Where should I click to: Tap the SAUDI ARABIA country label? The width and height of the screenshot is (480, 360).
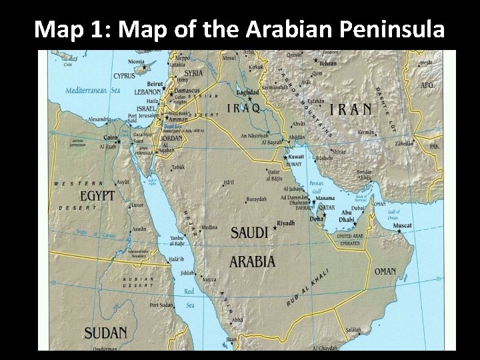pyautogui.click(x=251, y=247)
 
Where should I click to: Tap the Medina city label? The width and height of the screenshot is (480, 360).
pyautogui.click(x=209, y=227)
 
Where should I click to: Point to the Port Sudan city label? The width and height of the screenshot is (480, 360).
pyautogui.click(x=163, y=305)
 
